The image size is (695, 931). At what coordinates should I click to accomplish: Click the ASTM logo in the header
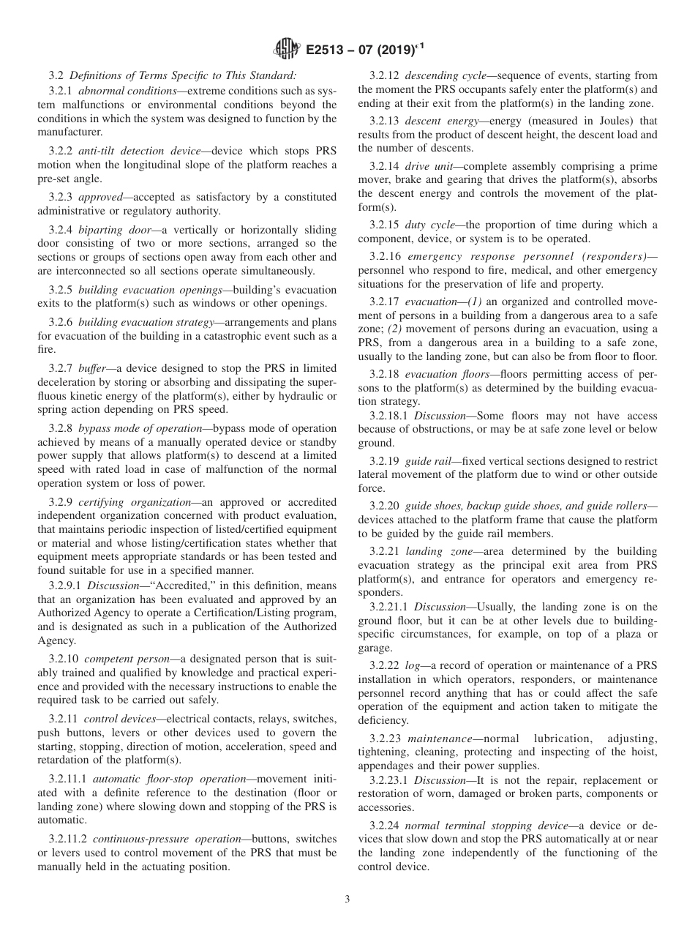tap(286, 50)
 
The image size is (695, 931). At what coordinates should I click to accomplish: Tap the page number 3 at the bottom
tap(347, 900)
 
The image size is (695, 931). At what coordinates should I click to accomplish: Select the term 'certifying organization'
tap(124, 501)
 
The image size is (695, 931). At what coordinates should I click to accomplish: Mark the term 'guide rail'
tap(427, 461)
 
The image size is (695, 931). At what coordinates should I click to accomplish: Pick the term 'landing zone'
tap(435, 551)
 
